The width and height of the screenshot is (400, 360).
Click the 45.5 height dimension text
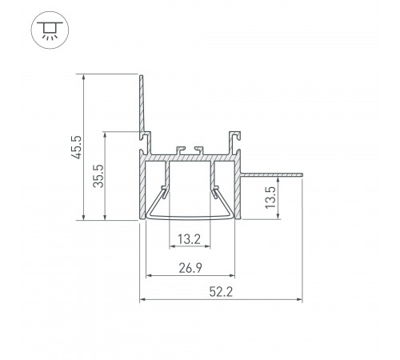tap(75, 146)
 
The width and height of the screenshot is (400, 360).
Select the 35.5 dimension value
tap(98, 174)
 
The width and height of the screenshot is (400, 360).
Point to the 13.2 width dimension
tap(190, 238)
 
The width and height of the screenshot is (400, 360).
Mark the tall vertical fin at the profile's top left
tap(142, 104)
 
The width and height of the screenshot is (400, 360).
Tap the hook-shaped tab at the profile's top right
tap(235, 139)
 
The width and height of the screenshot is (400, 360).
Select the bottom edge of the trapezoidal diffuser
tap(190, 218)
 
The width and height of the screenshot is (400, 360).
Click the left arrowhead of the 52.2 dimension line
tap(144, 300)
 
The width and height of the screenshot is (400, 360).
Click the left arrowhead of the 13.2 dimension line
tap(170, 246)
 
